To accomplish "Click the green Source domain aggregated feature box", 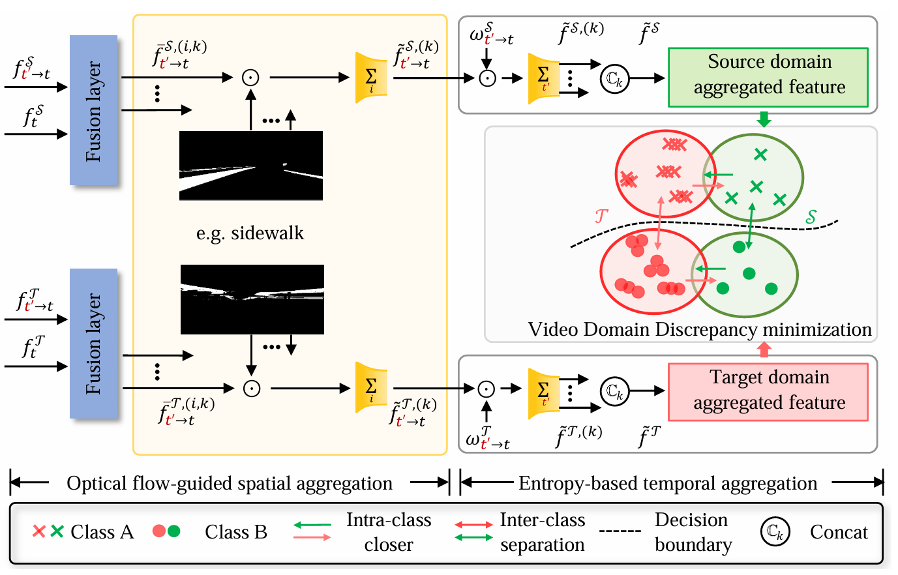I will click(x=768, y=77).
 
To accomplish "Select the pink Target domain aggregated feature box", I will click(x=768, y=392).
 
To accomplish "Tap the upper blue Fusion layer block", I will click(x=94, y=110).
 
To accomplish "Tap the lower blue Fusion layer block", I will click(x=94, y=344).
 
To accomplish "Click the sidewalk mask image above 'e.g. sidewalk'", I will click(x=251, y=166).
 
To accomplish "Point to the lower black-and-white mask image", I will click(x=252, y=300).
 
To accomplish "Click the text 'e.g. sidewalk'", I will click(x=250, y=233).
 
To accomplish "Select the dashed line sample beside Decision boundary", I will click(x=620, y=531).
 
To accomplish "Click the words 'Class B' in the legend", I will click(x=236, y=533).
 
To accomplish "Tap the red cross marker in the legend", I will click(x=38, y=531).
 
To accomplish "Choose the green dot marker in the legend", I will click(x=174, y=531).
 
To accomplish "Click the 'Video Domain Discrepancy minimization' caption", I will click(x=699, y=330).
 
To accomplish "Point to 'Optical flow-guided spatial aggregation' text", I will click(x=230, y=484).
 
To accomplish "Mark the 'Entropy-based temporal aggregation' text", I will click(x=668, y=484).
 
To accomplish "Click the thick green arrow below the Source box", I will click(x=764, y=119).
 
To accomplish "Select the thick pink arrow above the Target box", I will click(x=764, y=349).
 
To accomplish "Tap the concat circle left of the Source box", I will click(x=614, y=78).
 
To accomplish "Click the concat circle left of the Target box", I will click(x=614, y=391).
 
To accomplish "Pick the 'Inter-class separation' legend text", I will click(x=542, y=532).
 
